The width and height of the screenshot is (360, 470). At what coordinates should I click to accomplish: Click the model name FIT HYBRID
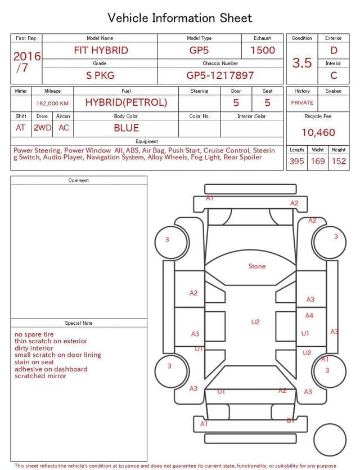pos(101,50)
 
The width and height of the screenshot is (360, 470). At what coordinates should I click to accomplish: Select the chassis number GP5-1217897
pos(220,75)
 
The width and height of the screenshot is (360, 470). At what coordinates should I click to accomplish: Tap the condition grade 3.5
pos(302,62)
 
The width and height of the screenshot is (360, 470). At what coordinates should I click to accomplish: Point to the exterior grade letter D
pos(334,50)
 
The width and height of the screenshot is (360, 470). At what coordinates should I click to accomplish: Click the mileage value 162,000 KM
pos(52,104)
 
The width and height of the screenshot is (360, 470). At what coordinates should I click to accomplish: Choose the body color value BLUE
pos(126,128)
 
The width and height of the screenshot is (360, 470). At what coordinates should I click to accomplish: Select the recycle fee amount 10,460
pos(318,132)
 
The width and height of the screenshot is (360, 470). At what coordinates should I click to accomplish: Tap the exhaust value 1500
pos(263,50)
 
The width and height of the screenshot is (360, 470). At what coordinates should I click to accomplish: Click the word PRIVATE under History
pos(302,102)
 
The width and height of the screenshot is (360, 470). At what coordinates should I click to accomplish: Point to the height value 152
pos(339,161)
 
